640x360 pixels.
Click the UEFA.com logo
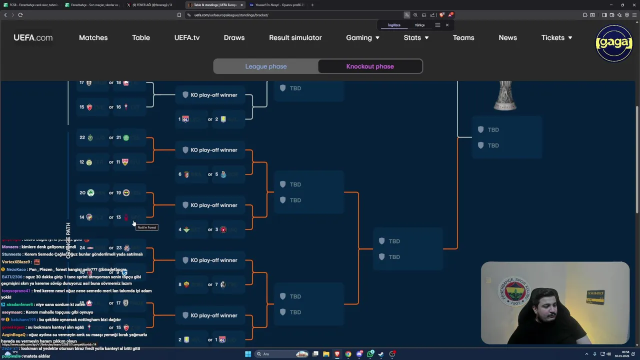[33, 37]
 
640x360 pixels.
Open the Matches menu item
[93, 37]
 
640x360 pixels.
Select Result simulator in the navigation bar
[295, 37]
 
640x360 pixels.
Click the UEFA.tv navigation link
[187, 37]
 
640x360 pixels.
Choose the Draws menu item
[234, 37]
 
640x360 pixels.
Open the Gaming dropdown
[362, 37]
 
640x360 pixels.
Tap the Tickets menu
[556, 37]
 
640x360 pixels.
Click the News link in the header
[507, 37]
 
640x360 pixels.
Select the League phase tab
[266, 66]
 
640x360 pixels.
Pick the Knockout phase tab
[370, 66]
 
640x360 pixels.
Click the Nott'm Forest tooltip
[147, 227]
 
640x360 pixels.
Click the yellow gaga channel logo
[614, 43]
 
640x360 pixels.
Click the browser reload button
[20, 15]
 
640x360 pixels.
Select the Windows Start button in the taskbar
[247, 354]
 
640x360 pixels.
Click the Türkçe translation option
[419, 25]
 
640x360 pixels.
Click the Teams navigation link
[463, 37]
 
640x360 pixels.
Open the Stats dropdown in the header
[416, 37]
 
